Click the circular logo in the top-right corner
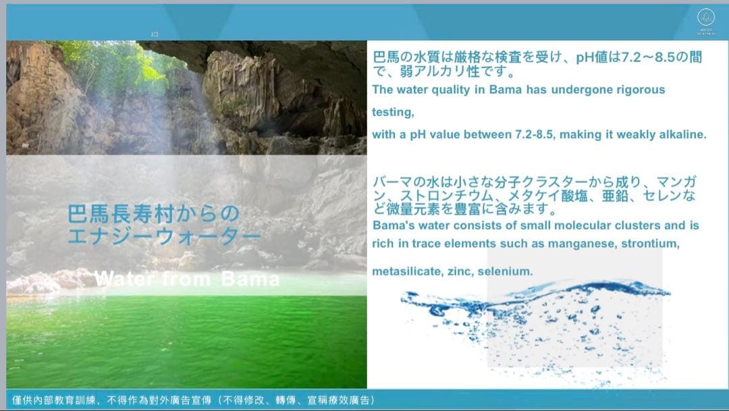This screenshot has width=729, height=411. point(705,18)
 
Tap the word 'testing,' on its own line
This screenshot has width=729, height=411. point(393,112)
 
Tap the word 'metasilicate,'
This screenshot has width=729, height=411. point(407,271)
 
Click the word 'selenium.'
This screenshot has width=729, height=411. point(508,271)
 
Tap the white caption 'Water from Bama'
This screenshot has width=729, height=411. point(187,279)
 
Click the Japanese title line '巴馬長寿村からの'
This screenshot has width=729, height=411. point(153,215)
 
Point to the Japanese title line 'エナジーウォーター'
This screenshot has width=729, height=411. point(164,237)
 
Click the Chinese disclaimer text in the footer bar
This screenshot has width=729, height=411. point(193,400)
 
